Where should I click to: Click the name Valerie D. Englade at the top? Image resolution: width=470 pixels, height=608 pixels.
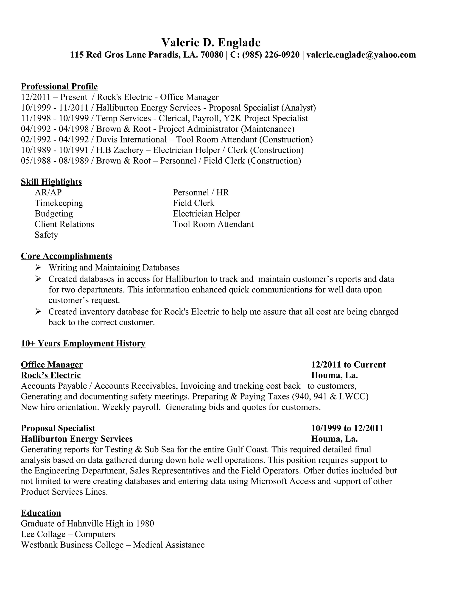(x=211, y=43)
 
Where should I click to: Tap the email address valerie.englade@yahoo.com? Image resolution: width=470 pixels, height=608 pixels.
(x=361, y=55)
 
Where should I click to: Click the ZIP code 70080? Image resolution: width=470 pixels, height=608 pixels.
(x=212, y=55)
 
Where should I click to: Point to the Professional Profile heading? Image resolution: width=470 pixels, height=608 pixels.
(x=59, y=86)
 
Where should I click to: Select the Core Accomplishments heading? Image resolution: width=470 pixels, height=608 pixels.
(x=66, y=256)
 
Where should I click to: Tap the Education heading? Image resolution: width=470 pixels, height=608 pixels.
(x=41, y=513)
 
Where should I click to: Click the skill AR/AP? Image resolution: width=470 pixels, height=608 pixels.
(x=48, y=192)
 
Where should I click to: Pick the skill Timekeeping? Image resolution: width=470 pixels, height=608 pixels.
(x=59, y=203)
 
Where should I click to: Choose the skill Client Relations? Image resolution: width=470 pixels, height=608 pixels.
(x=64, y=224)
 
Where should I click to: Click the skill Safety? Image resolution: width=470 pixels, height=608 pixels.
(x=46, y=235)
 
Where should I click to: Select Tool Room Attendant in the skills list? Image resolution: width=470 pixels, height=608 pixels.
(x=213, y=224)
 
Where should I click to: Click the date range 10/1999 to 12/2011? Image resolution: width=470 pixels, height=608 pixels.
(x=347, y=428)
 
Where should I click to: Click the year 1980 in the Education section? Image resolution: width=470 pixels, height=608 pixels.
(x=145, y=524)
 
